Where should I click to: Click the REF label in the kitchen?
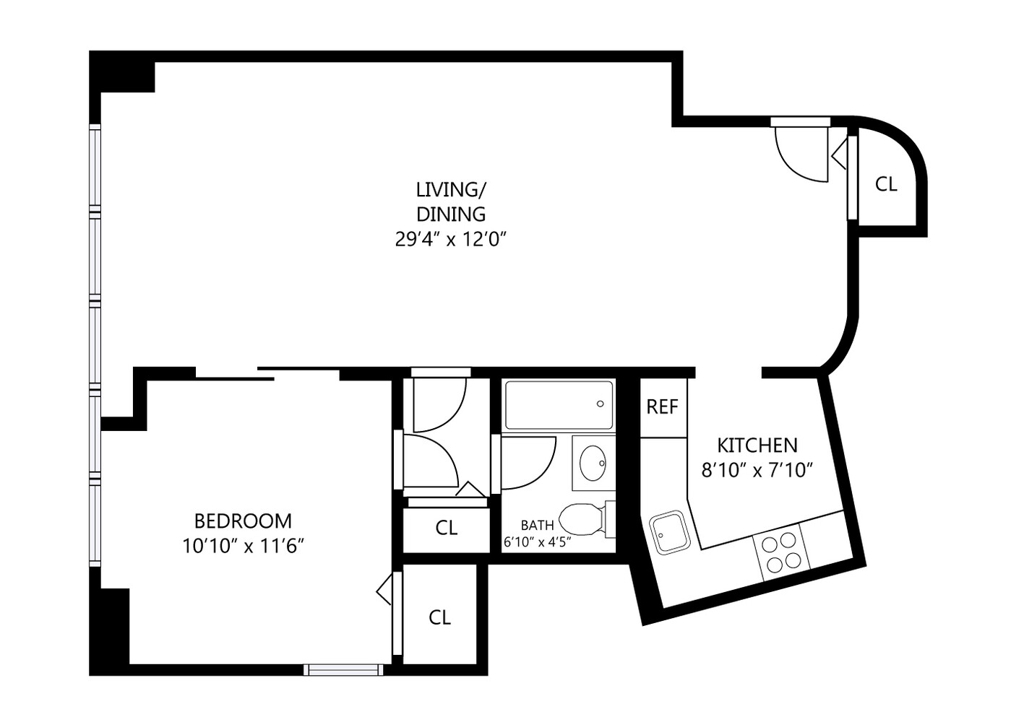(x=662, y=407)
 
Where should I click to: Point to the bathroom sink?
(x=594, y=459)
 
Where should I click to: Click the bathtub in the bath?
(x=559, y=405)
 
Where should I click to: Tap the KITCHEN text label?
(x=757, y=445)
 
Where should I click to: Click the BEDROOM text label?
(x=243, y=521)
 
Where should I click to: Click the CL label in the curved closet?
(x=886, y=184)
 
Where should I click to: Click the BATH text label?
(x=537, y=525)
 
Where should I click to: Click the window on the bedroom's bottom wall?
(x=343, y=669)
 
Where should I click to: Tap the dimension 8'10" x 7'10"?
(x=757, y=471)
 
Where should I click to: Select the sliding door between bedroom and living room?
(x=267, y=373)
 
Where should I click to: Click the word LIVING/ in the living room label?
(x=451, y=190)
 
